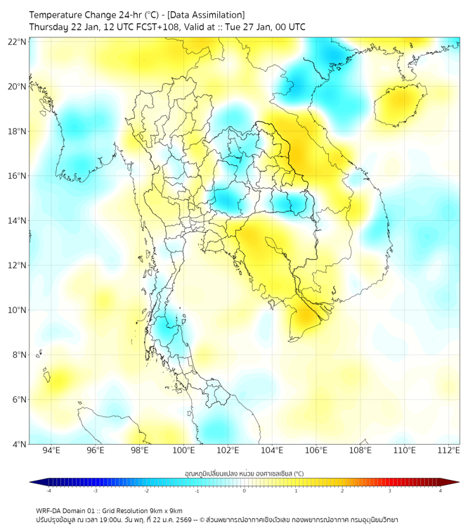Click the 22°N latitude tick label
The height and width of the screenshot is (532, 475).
(18, 42)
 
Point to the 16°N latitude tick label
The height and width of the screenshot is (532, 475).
(18, 176)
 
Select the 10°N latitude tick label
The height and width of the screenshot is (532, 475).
(18, 310)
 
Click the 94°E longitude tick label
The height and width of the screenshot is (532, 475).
(51, 450)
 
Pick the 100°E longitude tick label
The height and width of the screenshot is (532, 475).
(184, 450)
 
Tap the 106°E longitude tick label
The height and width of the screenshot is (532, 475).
(316, 450)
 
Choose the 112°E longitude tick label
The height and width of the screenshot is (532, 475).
(449, 450)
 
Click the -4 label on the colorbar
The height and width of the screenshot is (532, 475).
(48, 490)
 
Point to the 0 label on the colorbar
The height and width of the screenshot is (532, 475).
(245, 490)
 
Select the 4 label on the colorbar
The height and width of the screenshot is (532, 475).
(441, 490)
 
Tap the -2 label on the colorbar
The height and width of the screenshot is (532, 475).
(146, 490)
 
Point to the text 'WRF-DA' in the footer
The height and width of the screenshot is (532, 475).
(50, 510)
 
